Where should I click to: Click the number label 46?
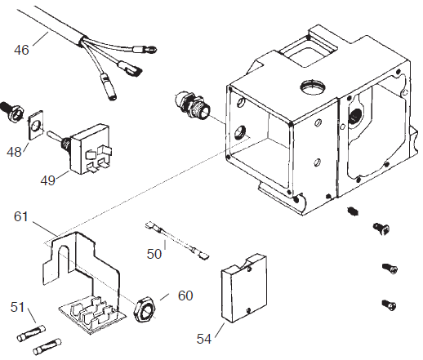(21, 49)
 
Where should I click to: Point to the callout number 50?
(154, 254)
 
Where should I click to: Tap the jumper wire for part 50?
(174, 239)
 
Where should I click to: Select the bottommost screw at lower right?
(389, 304)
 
